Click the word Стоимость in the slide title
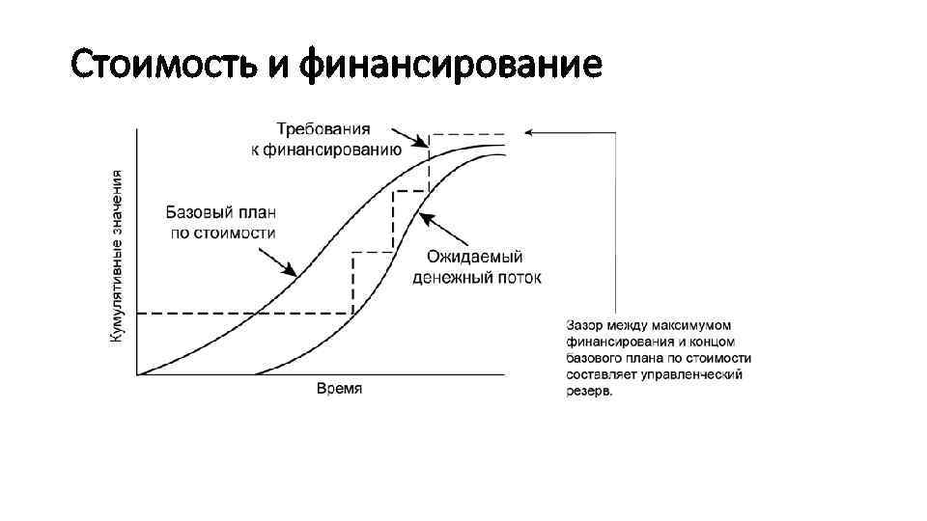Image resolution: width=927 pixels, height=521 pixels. [x=161, y=66]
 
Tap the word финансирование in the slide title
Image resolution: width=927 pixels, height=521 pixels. [x=451, y=66]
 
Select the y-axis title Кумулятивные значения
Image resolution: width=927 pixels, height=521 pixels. [x=116, y=256]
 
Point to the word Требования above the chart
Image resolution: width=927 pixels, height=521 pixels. [x=322, y=128]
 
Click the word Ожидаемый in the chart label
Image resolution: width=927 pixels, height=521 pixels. [x=474, y=257]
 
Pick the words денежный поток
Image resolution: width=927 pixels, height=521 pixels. [x=477, y=278]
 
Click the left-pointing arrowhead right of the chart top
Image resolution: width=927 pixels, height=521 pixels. [x=526, y=133]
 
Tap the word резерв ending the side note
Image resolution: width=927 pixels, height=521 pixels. [x=589, y=391]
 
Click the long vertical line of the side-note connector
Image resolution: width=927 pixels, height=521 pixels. [x=615, y=222]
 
